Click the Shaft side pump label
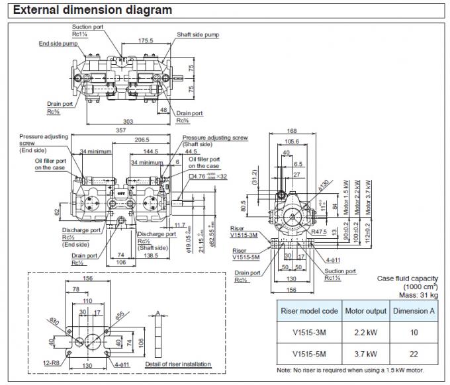pyautogui.click(x=197, y=34)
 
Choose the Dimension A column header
pyautogui.click(x=414, y=311)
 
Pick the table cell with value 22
pyautogui.click(x=414, y=353)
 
